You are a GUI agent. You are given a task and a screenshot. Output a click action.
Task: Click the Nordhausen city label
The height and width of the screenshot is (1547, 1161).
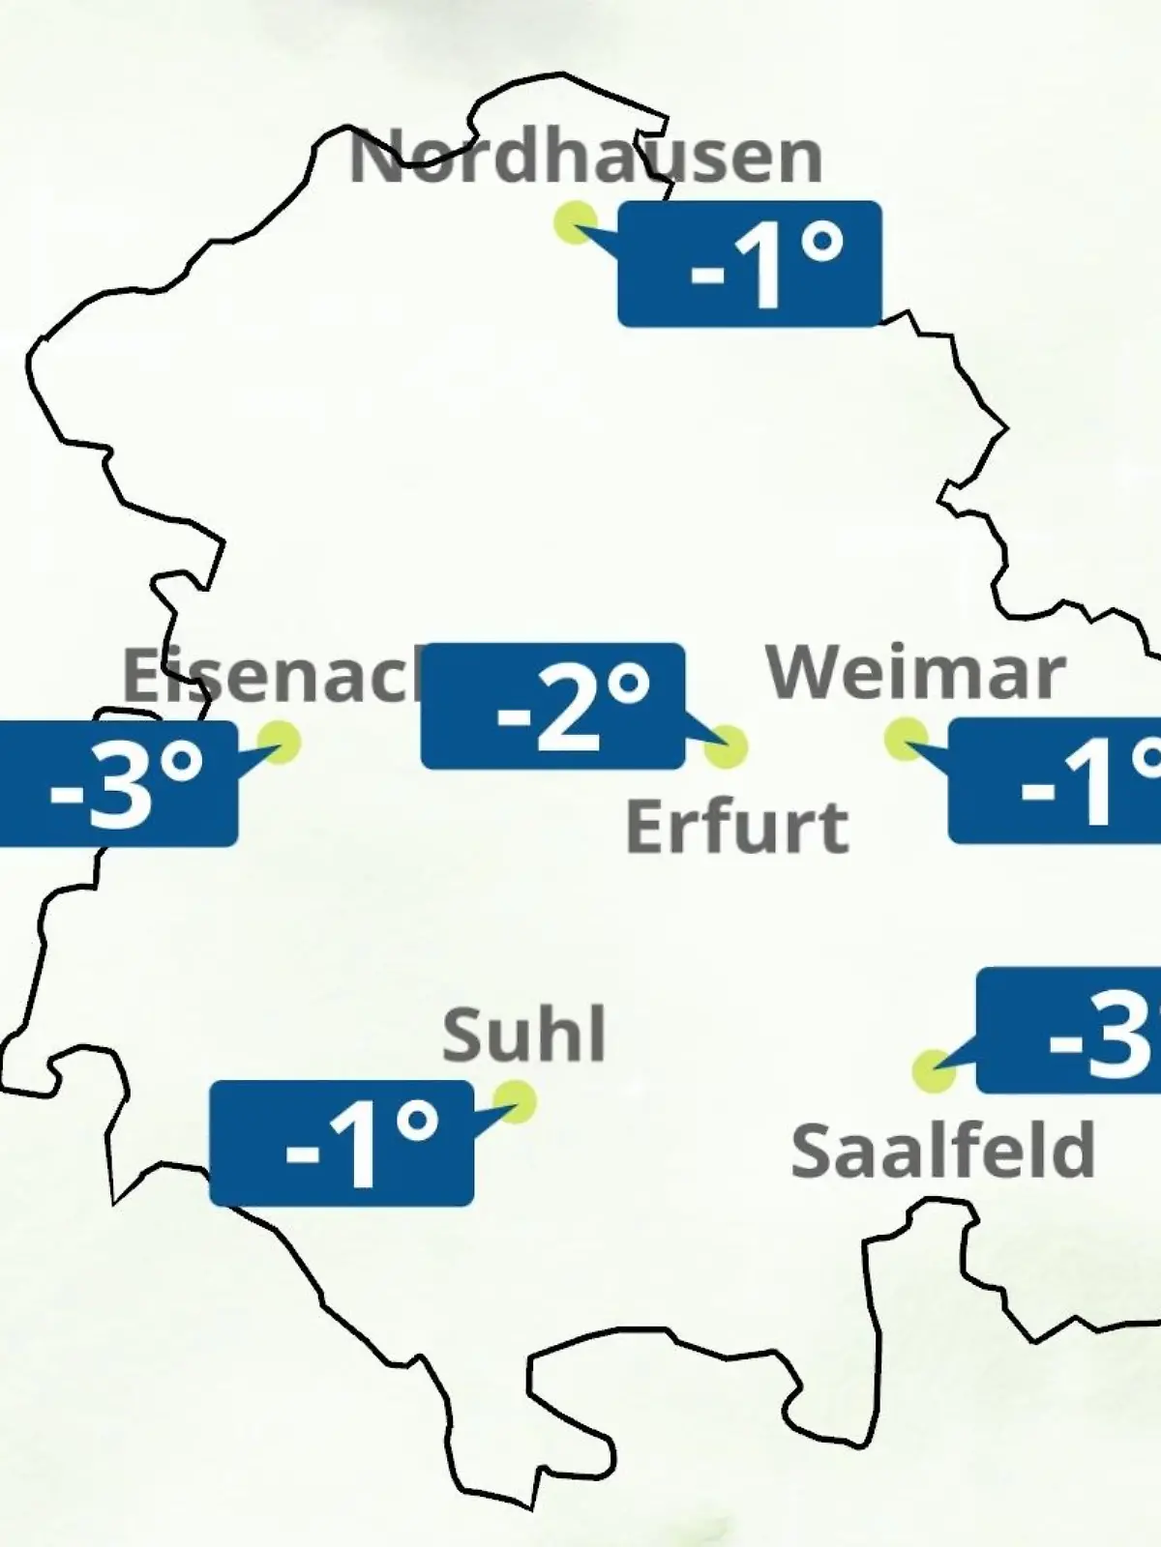pos(585,157)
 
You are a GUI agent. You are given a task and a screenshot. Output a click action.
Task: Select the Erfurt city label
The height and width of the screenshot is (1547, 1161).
pos(737,827)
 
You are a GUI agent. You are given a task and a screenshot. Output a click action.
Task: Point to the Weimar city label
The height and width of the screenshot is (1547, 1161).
pos(915,673)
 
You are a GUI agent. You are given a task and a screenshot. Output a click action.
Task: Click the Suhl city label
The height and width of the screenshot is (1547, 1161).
pos(524,1034)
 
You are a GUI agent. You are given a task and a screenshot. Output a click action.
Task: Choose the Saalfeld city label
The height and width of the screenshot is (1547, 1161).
pos(942,1151)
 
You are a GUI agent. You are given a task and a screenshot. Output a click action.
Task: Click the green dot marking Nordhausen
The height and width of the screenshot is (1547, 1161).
pos(575,222)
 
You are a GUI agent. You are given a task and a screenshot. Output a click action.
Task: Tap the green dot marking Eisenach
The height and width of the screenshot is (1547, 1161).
pos(280,742)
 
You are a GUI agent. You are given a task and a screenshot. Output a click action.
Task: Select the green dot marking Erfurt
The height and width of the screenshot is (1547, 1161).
pos(727,746)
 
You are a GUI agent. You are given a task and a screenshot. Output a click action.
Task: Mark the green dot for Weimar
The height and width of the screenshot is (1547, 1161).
pos(906,740)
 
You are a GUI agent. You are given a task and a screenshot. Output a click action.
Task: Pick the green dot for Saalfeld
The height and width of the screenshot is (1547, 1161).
pos(934,1071)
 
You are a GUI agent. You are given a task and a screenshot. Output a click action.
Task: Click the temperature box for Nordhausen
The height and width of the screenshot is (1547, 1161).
pos(750,264)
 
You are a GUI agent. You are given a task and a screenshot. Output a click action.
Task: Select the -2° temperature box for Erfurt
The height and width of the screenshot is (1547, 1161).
pos(553,706)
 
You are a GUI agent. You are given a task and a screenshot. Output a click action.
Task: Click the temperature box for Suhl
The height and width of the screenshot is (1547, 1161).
pos(342,1144)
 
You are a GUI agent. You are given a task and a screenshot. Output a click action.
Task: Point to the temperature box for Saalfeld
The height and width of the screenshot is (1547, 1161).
pos(1070,1031)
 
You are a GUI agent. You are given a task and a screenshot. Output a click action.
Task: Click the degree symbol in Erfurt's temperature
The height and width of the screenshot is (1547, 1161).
pos(630,685)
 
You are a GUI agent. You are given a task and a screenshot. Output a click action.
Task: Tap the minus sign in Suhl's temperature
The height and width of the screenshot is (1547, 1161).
pos(302,1152)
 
